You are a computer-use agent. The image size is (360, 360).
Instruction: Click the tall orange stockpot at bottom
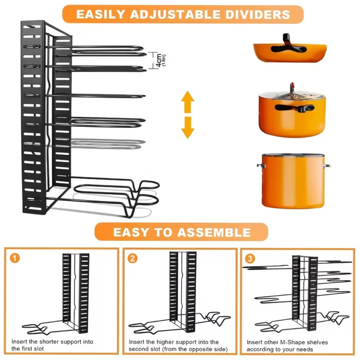pos(293,182)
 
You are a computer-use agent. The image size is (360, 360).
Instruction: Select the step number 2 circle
pos(133,258)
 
